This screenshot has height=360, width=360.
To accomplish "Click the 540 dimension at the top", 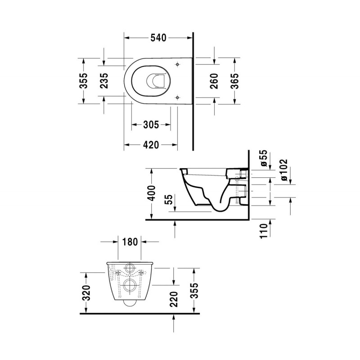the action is point(158,38).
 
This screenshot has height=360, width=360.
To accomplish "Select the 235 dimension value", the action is point(104,81).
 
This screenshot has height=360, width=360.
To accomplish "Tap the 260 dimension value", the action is point(214,81).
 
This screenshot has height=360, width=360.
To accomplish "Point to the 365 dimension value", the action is point(234,81).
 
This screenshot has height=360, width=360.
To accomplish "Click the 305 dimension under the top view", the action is point(151,125).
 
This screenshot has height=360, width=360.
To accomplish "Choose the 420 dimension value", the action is point(151,145).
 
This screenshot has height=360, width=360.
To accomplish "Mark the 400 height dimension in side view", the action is point(152,193).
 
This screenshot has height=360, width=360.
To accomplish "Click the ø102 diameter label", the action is point(284,170).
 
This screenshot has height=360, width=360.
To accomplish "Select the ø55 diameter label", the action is point(264,158).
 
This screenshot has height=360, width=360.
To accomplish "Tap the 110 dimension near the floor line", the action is point(264,231).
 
